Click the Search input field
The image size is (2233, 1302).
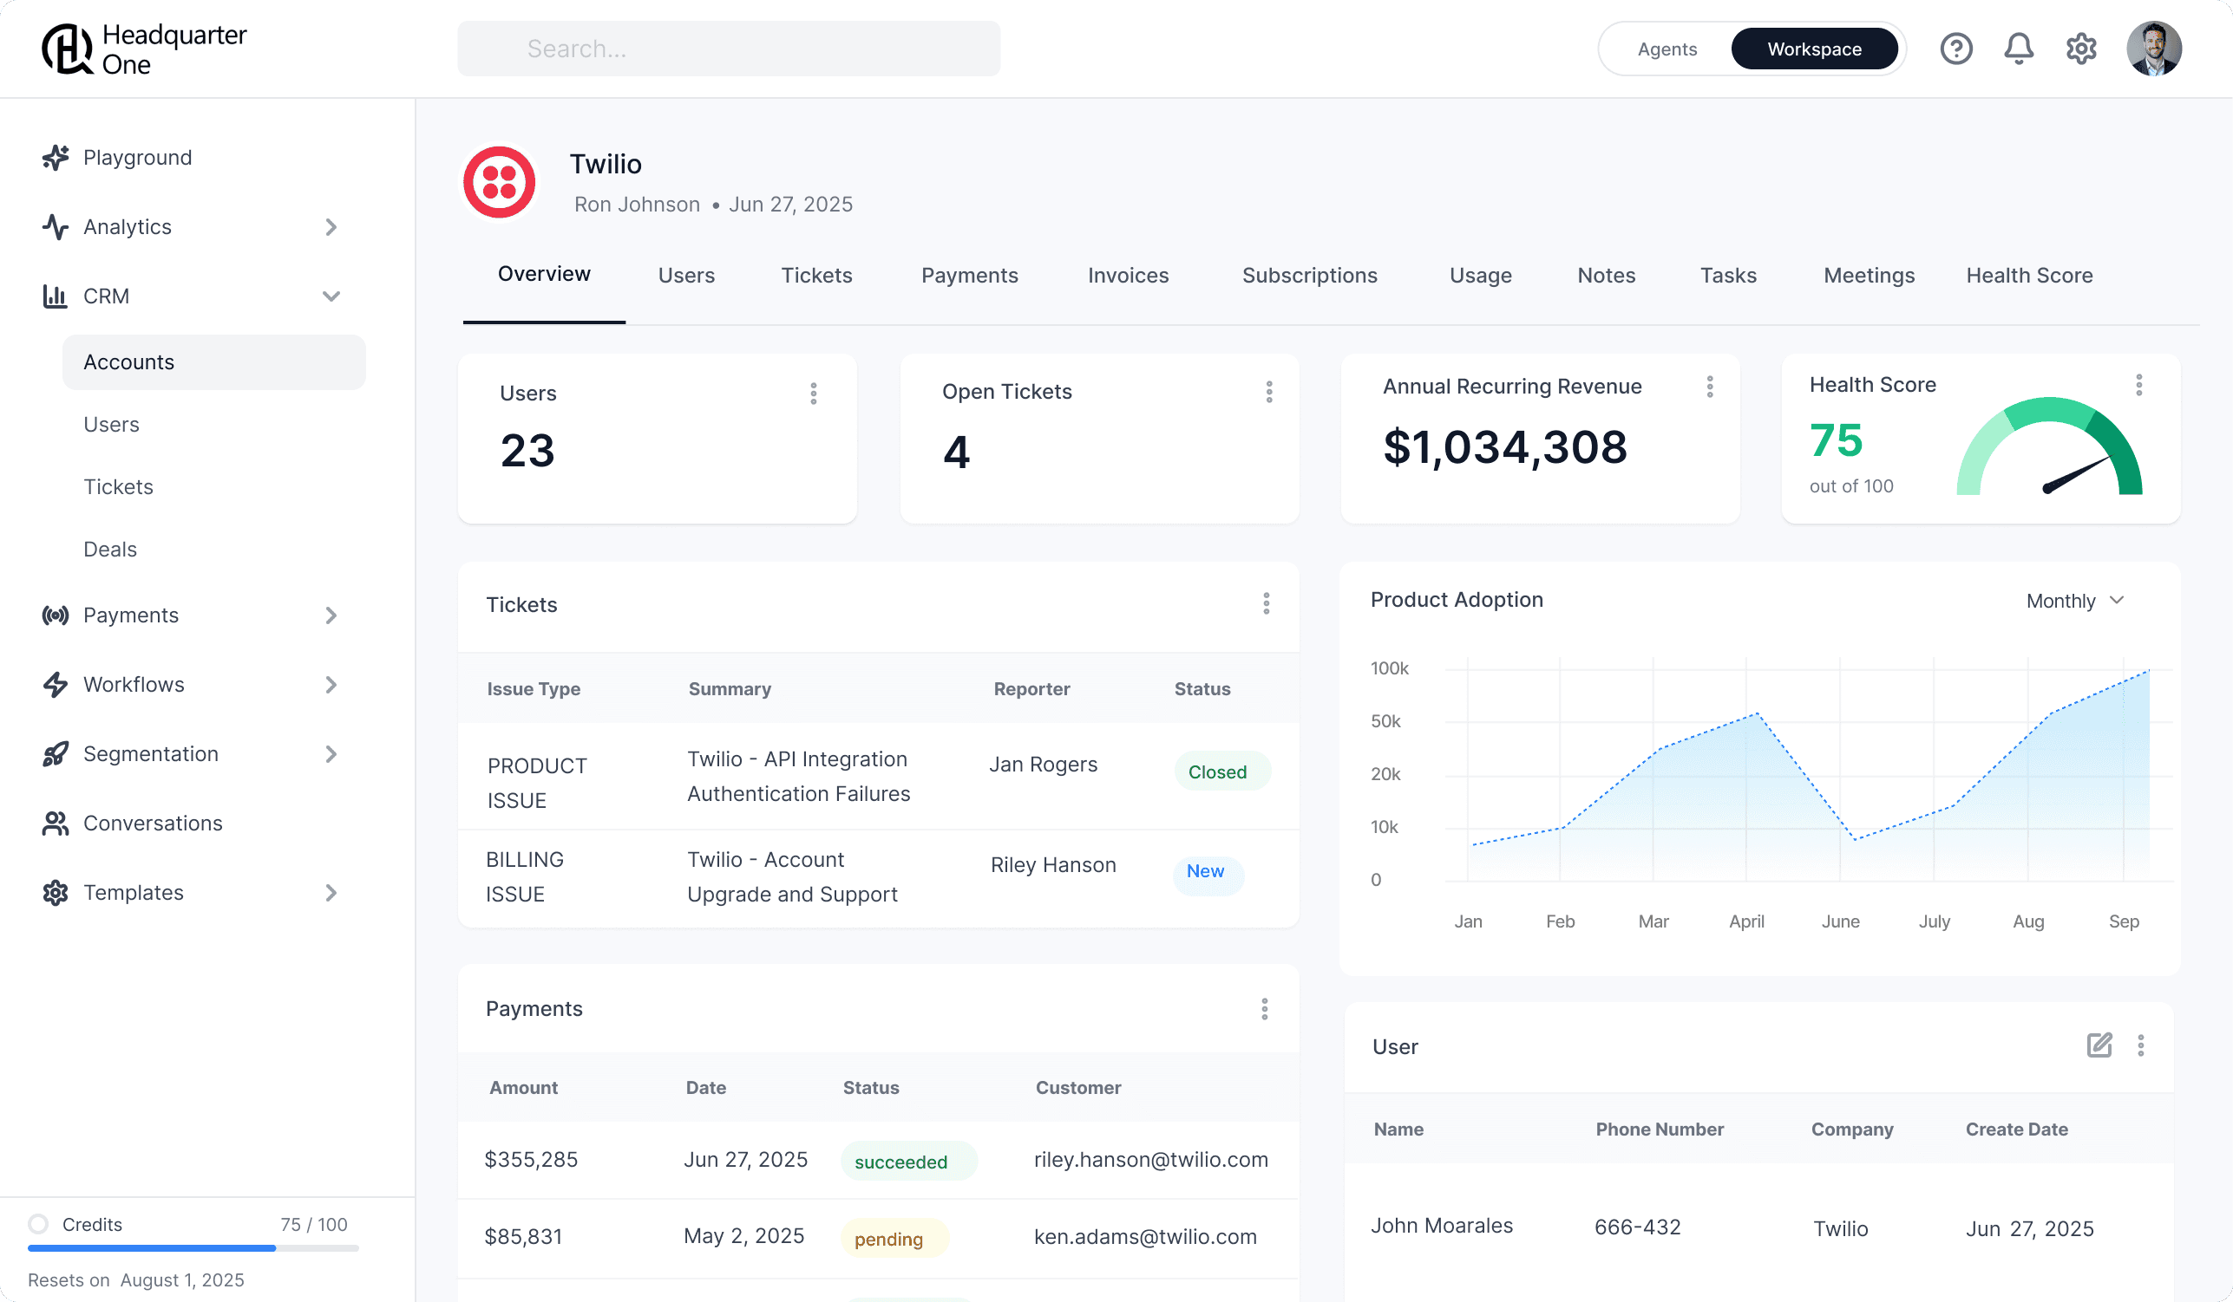729,49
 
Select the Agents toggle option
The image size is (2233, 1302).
1667,49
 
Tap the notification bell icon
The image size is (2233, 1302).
2019,49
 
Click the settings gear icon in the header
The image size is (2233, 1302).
2080,49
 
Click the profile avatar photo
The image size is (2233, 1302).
2153,49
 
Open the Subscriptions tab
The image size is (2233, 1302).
1310,276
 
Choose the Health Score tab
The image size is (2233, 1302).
2029,276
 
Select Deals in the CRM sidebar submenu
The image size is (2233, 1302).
110,549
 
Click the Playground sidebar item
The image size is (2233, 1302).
137,158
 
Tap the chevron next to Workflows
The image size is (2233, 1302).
331,685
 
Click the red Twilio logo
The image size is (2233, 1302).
499,182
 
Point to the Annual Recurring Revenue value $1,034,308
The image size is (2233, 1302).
1504,446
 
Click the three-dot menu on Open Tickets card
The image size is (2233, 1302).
1269,392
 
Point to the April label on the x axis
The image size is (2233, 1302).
1745,921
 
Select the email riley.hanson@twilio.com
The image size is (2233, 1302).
1150,1159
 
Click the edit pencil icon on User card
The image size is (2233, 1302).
2099,1046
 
